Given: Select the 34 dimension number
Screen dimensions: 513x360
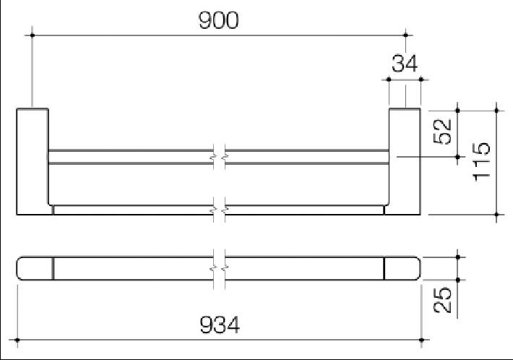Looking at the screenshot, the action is (405, 64).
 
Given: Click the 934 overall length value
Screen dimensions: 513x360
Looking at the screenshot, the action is (219, 325).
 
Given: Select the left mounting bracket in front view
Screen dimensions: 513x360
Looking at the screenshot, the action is (33, 161).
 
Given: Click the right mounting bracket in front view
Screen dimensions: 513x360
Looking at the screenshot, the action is (405, 161).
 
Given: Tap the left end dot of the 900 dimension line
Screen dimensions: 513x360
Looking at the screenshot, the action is (33, 34).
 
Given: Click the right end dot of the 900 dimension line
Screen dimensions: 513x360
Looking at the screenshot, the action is (406, 34).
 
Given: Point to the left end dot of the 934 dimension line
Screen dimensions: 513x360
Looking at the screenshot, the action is (17, 339).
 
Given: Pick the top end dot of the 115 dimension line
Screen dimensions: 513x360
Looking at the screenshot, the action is (496, 110).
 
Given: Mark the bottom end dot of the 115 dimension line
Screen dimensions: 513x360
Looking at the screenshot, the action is (496, 214).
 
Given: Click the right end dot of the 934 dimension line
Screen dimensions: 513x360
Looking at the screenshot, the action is (422, 339).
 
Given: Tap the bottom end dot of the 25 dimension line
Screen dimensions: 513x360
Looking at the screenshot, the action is (458, 279).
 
